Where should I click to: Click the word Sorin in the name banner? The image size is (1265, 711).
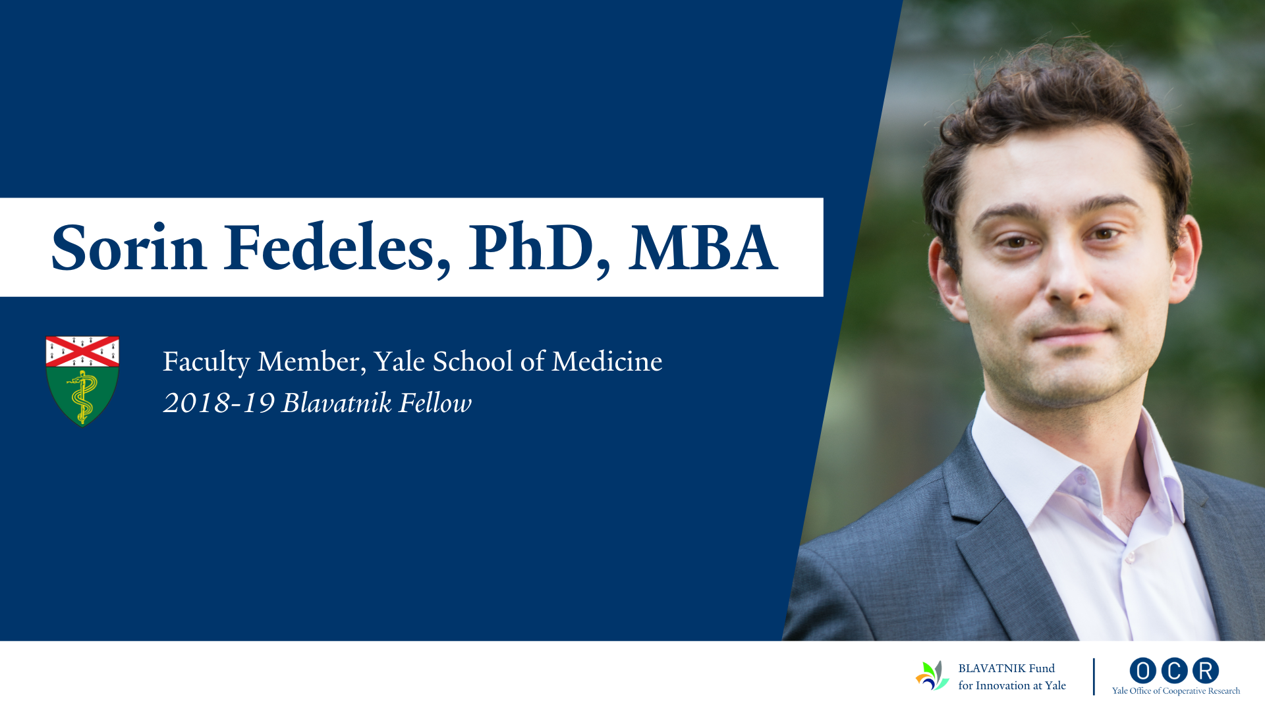coord(129,248)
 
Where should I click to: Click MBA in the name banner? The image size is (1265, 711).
coord(703,248)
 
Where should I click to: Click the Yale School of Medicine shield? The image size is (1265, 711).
coord(82,381)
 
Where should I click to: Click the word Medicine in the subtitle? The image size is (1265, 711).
coord(607,361)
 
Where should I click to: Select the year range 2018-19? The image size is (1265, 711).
coord(219,403)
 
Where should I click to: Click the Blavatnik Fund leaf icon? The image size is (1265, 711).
coord(932,675)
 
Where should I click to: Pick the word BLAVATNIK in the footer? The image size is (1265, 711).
coord(992,668)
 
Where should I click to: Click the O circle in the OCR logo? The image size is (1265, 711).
coord(1142,671)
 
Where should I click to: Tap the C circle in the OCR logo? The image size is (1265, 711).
coord(1174,671)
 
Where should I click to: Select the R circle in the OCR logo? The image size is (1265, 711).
coord(1206,671)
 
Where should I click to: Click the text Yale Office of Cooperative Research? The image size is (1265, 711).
coord(1176,691)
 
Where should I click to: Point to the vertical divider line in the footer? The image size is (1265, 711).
coord(1094,677)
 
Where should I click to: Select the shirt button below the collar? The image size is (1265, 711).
coord(1129,558)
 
